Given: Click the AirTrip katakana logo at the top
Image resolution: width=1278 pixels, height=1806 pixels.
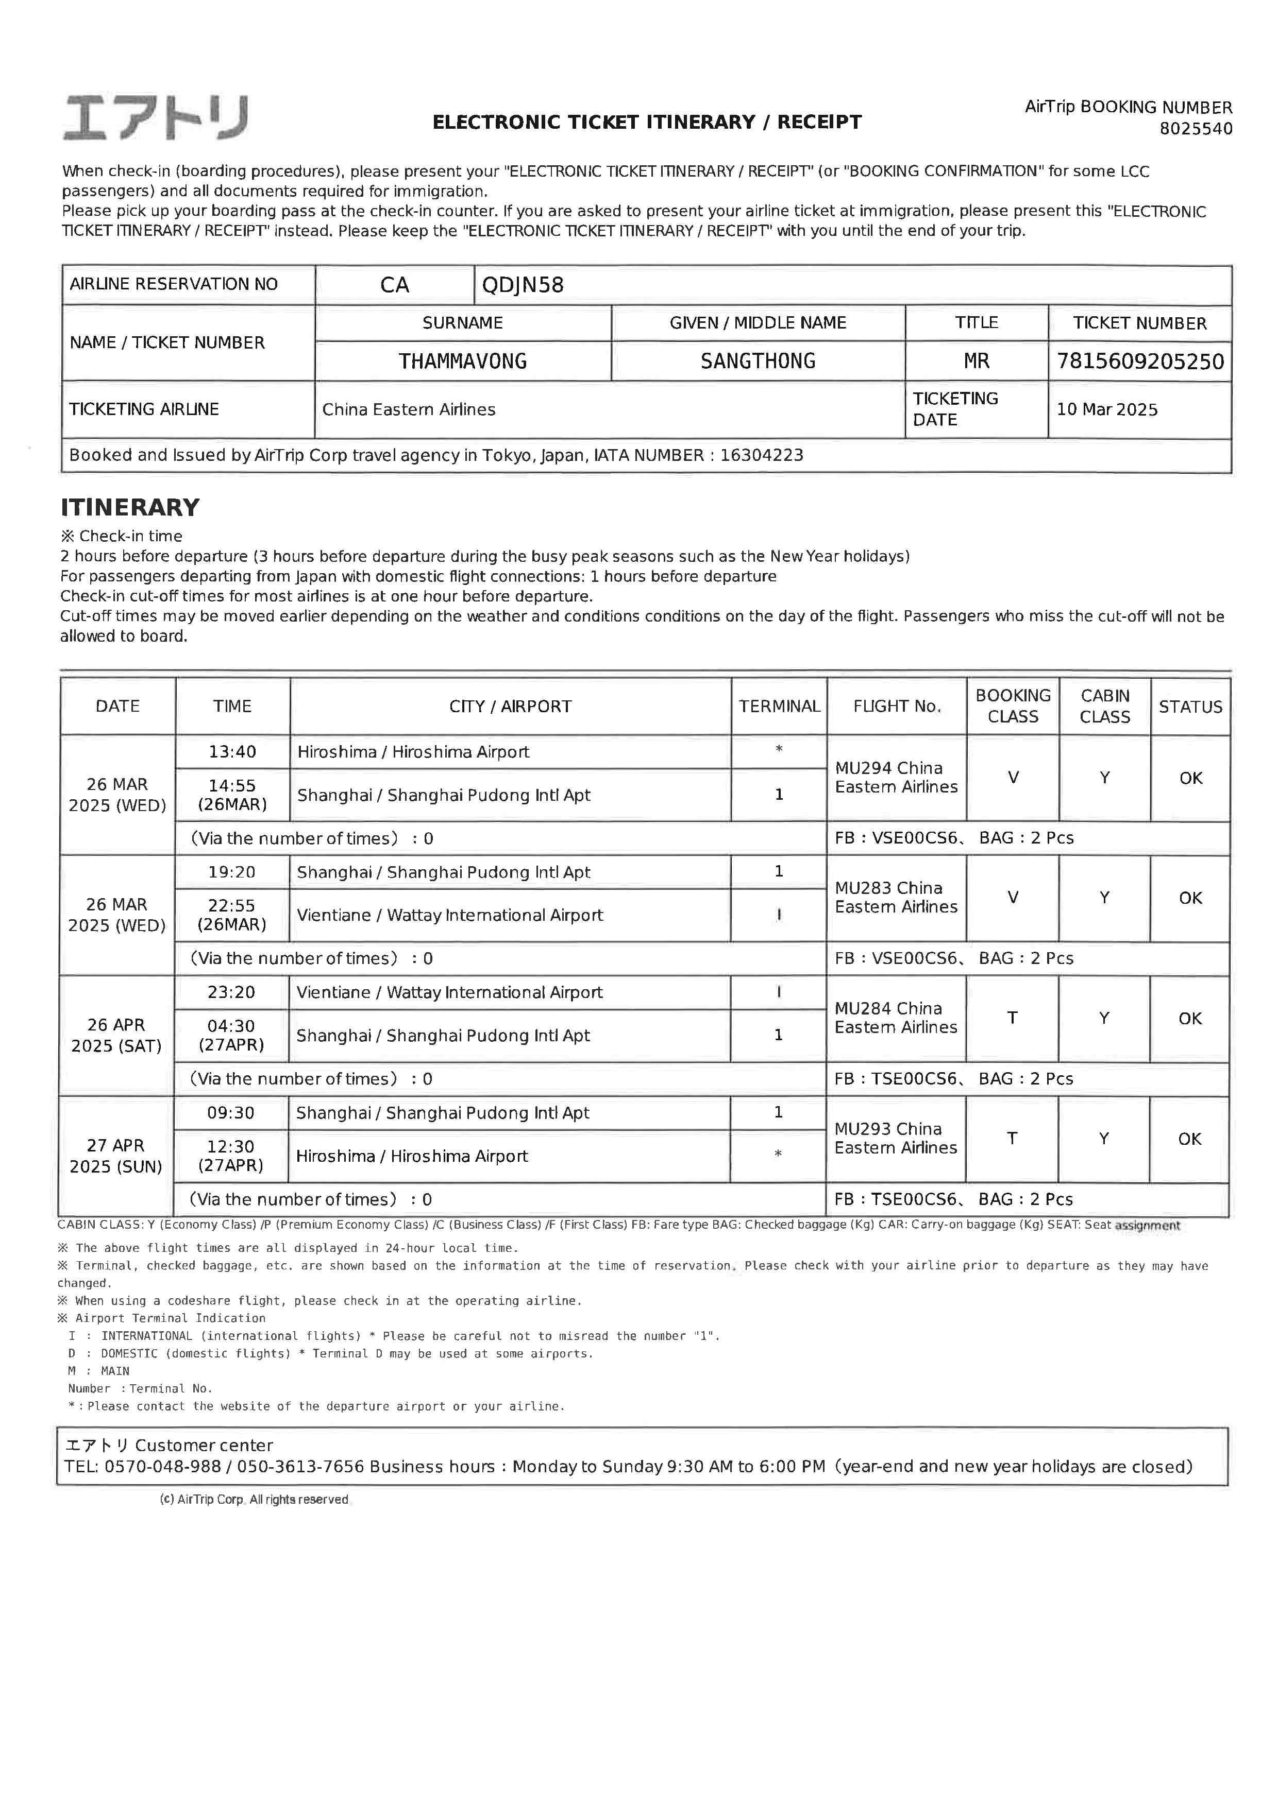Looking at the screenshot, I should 155,118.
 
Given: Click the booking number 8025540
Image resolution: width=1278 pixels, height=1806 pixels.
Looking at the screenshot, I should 1196,129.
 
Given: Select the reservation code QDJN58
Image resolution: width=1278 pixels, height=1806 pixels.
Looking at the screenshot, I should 523,285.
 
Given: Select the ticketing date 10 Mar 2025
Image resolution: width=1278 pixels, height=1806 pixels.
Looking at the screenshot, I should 1106,410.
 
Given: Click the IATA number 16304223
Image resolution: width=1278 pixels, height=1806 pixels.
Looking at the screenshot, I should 762,455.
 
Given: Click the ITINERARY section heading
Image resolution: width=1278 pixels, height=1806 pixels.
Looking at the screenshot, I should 130,507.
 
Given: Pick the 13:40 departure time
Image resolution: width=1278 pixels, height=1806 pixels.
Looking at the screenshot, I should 232,752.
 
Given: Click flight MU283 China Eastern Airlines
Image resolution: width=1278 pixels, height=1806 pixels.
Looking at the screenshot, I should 896,898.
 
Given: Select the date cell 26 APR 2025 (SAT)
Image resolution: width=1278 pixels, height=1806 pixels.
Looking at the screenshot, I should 116,1035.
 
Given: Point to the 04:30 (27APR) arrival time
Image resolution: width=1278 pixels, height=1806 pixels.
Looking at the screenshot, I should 231,1035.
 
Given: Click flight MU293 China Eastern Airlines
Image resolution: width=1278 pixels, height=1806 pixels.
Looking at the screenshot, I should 896,1138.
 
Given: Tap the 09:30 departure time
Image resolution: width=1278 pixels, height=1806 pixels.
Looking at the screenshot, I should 231,1113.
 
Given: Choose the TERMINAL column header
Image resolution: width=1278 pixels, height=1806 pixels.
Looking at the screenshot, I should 779,707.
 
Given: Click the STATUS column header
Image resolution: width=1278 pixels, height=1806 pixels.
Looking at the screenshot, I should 1190,707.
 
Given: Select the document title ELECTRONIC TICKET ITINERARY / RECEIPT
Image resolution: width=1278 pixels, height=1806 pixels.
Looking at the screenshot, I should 647,122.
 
